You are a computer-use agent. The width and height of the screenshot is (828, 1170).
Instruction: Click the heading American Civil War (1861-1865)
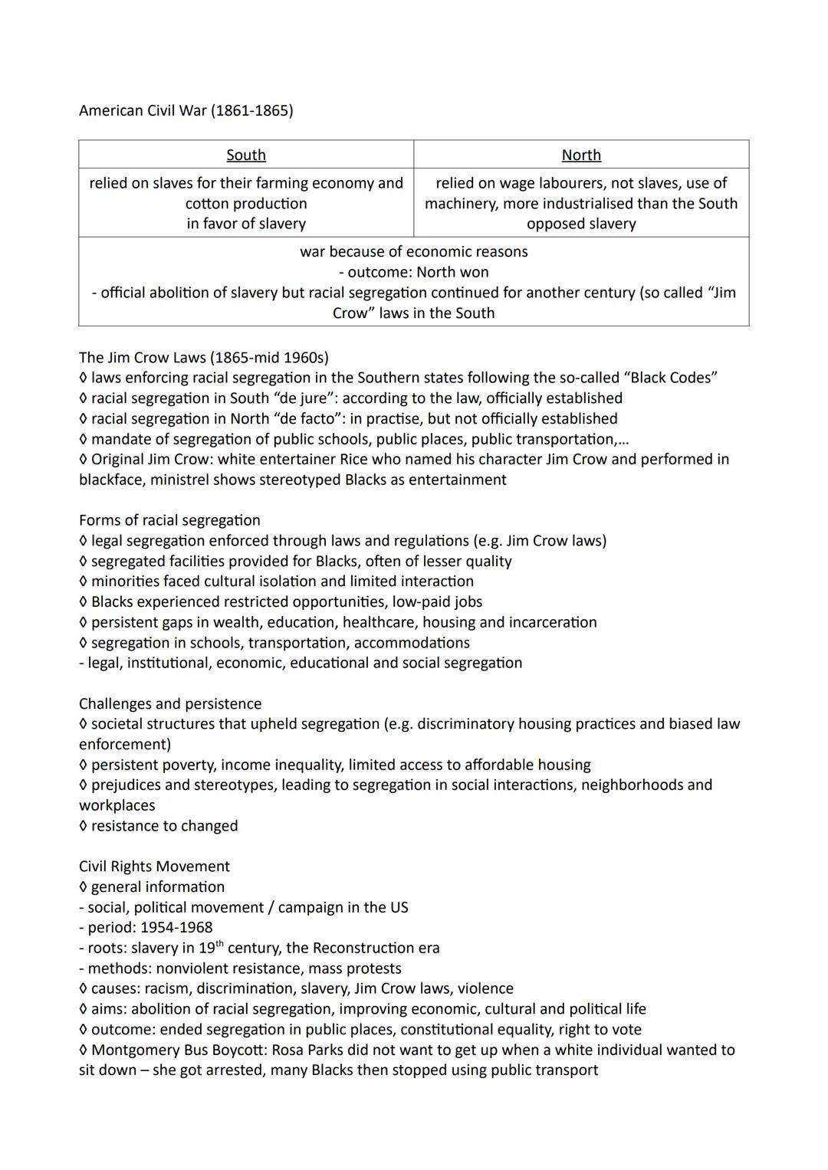click(x=186, y=110)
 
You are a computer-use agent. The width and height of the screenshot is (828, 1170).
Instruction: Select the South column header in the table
click(x=246, y=155)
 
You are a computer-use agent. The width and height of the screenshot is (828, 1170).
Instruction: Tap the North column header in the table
click(x=581, y=155)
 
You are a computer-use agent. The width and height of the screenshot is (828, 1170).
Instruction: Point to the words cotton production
click(x=246, y=203)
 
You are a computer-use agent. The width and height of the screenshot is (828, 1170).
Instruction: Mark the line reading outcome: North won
click(x=413, y=272)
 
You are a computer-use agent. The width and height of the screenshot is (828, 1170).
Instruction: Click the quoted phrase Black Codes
click(x=671, y=378)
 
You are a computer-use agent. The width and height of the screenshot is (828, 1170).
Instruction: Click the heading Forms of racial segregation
click(x=169, y=520)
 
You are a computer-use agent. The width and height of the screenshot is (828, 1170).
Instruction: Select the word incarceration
click(x=553, y=622)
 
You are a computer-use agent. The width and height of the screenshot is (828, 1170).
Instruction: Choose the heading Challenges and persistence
click(x=170, y=703)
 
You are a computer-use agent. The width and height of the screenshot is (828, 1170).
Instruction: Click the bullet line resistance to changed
click(x=164, y=826)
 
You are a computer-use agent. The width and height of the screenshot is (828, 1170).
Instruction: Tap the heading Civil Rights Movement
click(x=154, y=867)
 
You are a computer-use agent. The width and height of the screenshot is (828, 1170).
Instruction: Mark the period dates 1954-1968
click(x=176, y=927)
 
